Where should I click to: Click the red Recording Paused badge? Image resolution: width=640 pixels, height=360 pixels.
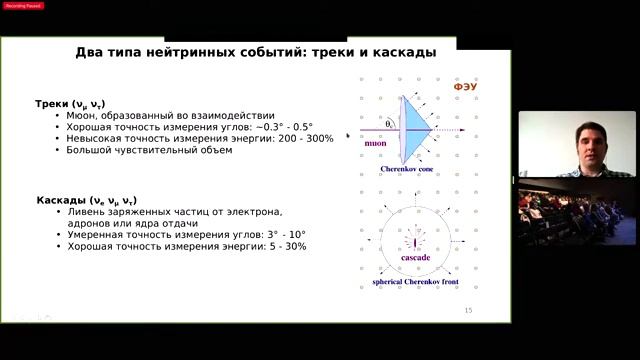coord(24,5)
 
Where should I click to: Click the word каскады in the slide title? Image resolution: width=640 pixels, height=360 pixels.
coord(398,52)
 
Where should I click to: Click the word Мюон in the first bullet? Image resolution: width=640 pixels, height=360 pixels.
coord(84,115)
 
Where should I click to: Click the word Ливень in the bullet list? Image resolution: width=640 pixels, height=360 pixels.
coord(89,212)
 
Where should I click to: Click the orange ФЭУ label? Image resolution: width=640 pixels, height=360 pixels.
coord(466,87)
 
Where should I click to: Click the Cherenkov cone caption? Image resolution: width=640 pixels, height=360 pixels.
coord(407,170)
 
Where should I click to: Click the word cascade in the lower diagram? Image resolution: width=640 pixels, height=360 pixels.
coord(415,258)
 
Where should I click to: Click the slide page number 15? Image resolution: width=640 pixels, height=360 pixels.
coord(467,311)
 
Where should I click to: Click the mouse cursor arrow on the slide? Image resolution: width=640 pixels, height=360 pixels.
coord(349,135)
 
